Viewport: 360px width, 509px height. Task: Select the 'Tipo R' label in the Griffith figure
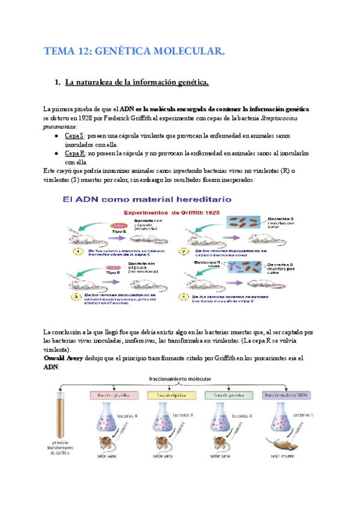[115, 272]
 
